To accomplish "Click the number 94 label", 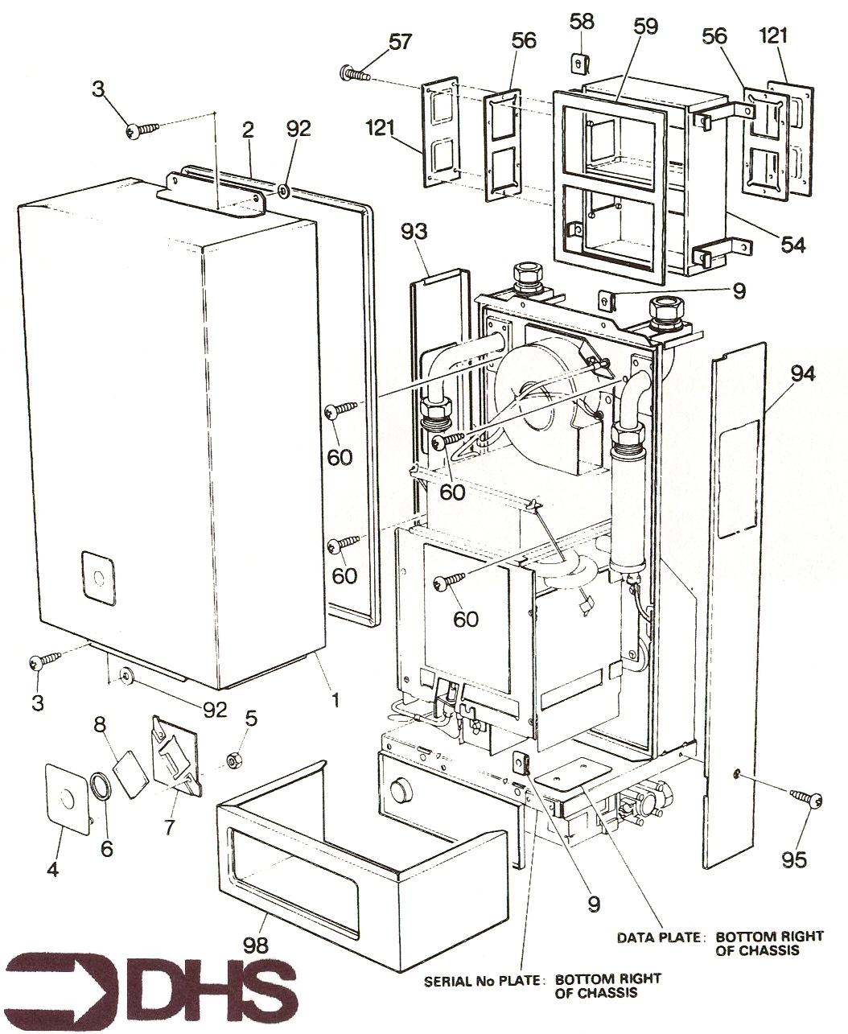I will tap(802, 374).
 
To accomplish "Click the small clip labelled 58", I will tap(579, 60).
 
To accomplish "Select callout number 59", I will tap(644, 26).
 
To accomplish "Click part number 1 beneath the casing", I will tap(335, 700).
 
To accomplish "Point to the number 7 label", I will tap(170, 827).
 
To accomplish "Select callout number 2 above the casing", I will tap(248, 129).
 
